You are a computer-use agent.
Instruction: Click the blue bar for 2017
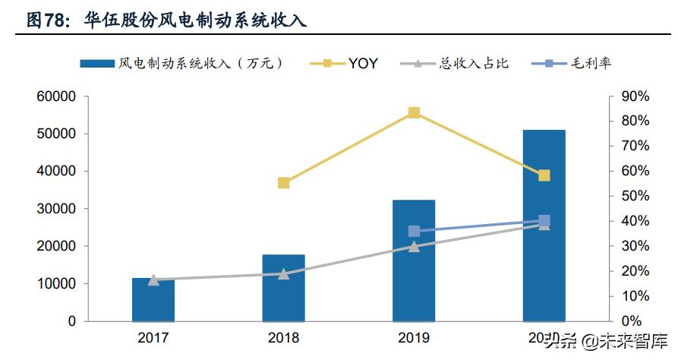[153, 300]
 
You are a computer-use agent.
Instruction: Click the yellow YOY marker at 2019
[414, 113]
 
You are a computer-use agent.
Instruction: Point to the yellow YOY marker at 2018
[283, 183]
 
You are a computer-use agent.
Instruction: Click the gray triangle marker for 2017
[153, 279]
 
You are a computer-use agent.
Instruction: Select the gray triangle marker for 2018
[283, 273]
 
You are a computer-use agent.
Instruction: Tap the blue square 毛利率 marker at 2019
[414, 231]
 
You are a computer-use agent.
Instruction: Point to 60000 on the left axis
[58, 96]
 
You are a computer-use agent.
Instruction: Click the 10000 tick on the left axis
[58, 283]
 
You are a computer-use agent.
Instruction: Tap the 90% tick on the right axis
[634, 96]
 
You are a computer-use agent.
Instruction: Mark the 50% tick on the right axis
[634, 196]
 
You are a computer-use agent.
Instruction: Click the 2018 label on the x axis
[283, 337]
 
